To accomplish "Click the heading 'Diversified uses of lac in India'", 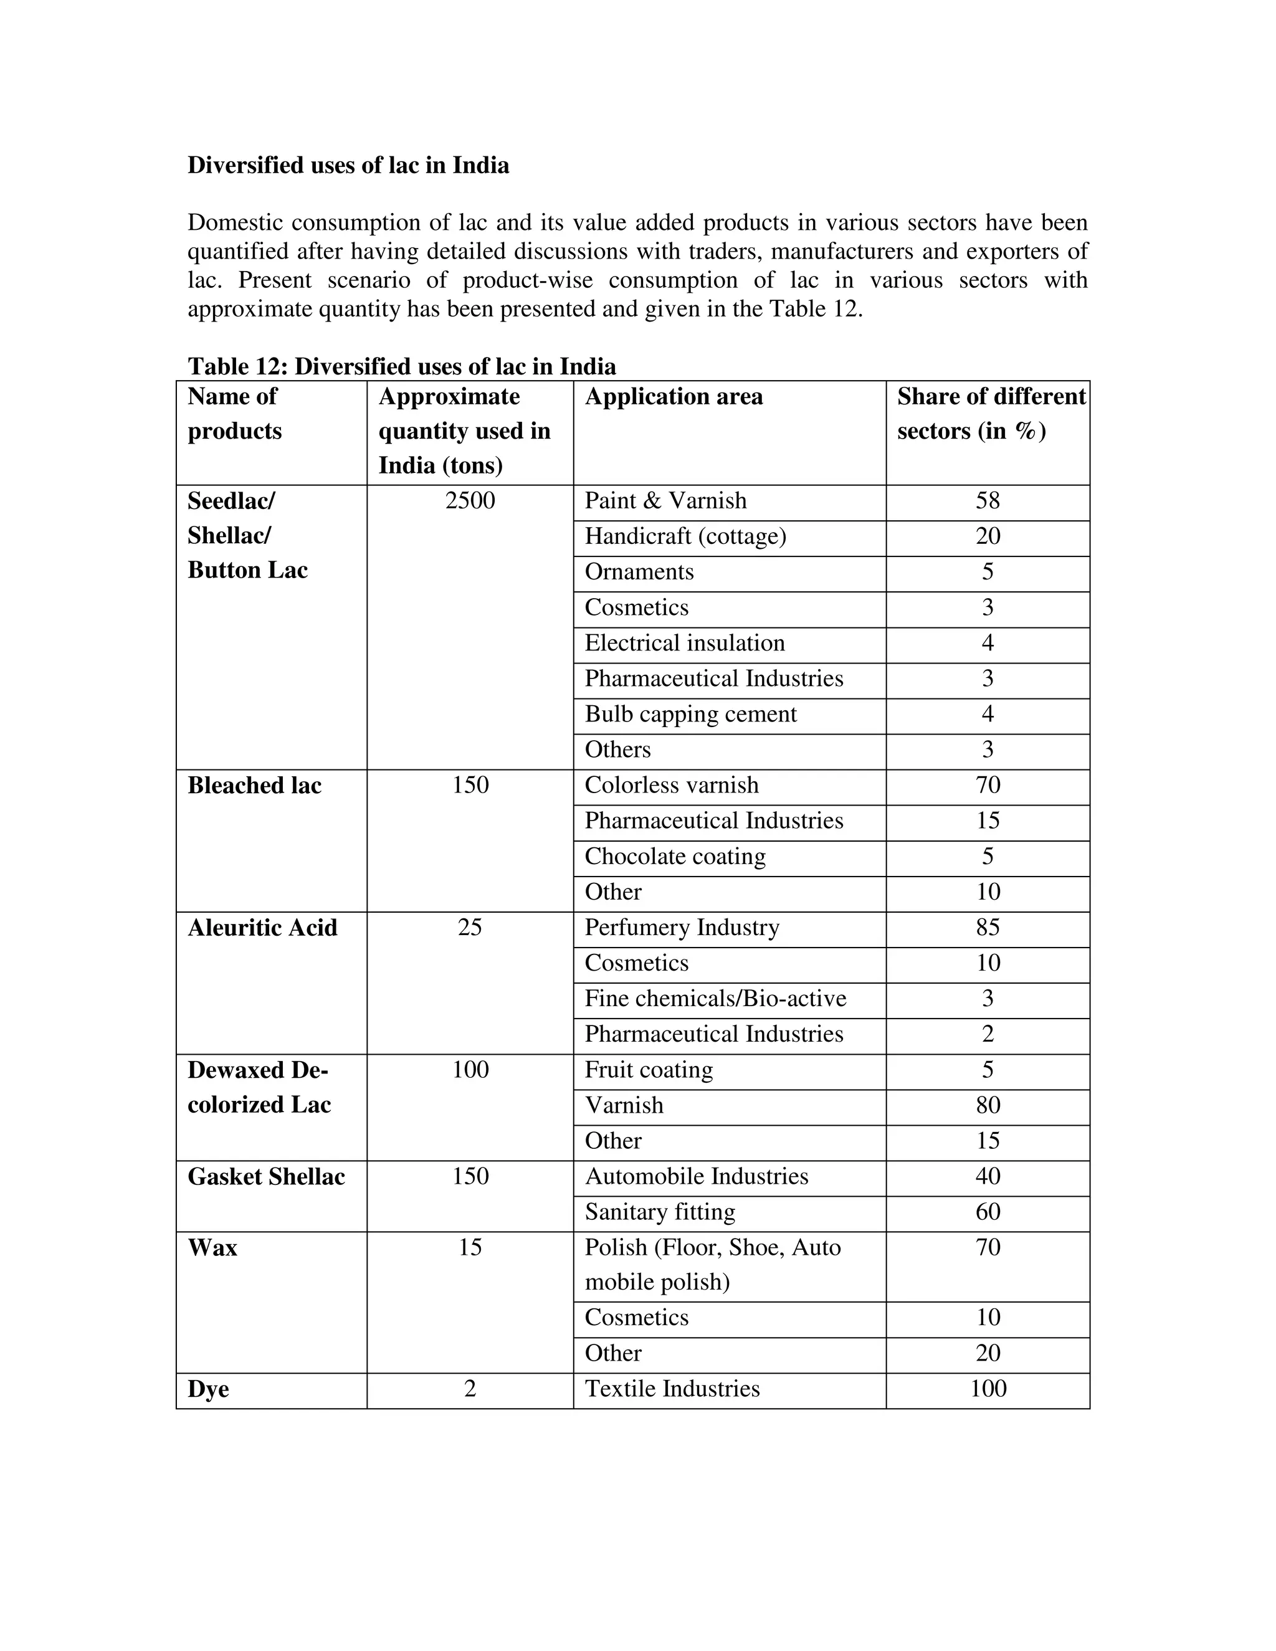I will [x=348, y=165].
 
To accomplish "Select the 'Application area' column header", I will [x=674, y=396].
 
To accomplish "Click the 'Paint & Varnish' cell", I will [x=665, y=500].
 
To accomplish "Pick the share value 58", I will [x=988, y=500].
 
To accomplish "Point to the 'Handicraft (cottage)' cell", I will [x=685, y=536].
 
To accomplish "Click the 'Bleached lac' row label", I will [x=254, y=786].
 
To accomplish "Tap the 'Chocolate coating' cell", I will [x=674, y=856].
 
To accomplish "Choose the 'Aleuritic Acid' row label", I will [x=262, y=928].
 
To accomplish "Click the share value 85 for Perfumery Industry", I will [x=988, y=927].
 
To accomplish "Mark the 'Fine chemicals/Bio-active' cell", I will [x=715, y=998].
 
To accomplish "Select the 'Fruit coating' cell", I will [x=648, y=1070].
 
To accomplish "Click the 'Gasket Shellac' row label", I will [x=266, y=1176].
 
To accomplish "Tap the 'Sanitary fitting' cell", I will [x=659, y=1212].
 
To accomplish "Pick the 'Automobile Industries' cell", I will [x=696, y=1176].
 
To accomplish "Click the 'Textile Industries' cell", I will [x=672, y=1389].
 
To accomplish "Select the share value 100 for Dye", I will [x=988, y=1389].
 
